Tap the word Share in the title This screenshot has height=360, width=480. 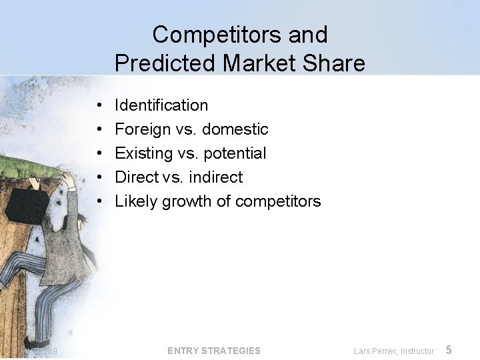coord(336,63)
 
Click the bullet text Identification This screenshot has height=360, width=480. coord(161,105)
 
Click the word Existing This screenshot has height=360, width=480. coord(143,153)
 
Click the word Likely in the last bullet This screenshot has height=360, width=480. coord(133,201)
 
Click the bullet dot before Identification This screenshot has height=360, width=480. coord(99,105)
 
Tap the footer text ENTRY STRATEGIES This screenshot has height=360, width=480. coord(214,351)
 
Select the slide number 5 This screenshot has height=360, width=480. coord(449,350)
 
